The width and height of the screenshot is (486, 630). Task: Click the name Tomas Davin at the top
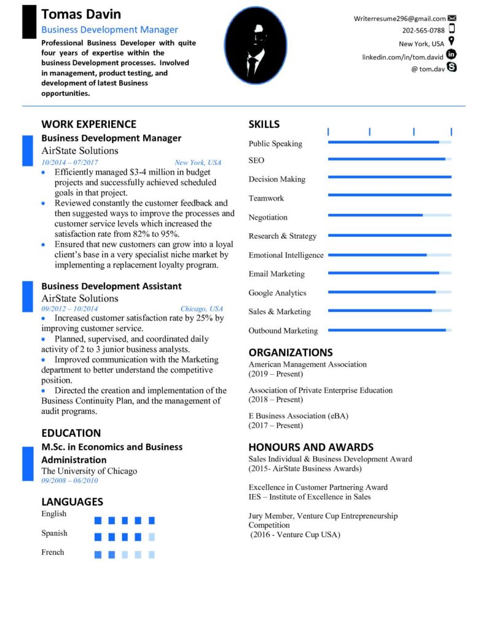point(81,14)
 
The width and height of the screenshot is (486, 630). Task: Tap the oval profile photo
point(255,46)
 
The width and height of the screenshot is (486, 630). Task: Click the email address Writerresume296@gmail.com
point(399,18)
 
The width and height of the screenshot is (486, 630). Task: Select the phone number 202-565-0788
point(423,30)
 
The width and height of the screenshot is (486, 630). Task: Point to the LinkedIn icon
point(452,55)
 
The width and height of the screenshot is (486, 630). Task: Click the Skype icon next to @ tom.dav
point(452,67)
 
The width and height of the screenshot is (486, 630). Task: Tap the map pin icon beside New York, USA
point(452,42)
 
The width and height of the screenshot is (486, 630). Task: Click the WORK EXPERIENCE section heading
point(88,124)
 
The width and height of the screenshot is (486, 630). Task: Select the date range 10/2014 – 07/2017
point(70,162)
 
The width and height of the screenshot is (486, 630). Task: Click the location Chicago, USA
point(202,309)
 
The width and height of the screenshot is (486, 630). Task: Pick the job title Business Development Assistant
point(111,286)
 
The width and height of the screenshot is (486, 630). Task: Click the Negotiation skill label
point(268,217)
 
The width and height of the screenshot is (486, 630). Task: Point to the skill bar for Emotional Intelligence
point(390,255)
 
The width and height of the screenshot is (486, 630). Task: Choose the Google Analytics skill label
point(277,293)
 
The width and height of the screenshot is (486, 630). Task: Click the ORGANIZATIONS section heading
point(291,353)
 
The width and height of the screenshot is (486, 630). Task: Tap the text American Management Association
point(307,364)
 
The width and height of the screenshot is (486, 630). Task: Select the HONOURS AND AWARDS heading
point(311,447)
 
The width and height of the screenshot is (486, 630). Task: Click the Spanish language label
point(54,533)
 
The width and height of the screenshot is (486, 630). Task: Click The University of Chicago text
point(89,471)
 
